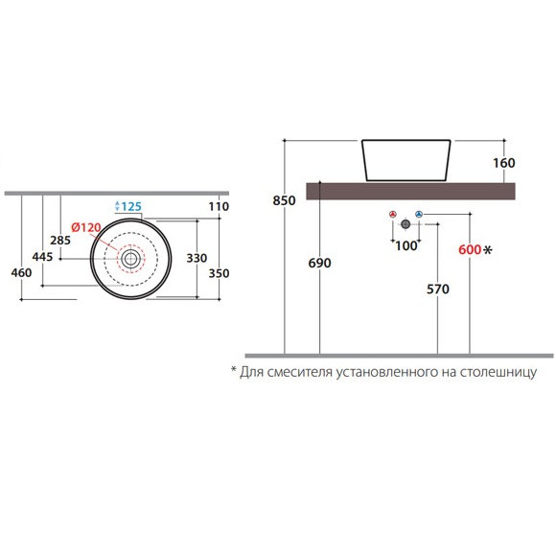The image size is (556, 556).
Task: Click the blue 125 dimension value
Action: pos(131,206)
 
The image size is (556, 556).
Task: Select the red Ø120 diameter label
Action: pos(86,227)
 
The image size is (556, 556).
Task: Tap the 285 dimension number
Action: pos(60,240)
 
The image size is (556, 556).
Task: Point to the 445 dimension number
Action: pos(42,256)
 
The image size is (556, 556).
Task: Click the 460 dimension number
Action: pos(21,272)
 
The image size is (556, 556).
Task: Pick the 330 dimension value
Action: pos(197,258)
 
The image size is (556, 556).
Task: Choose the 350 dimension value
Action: pos(219,273)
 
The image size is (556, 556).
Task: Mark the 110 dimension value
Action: pos(219,206)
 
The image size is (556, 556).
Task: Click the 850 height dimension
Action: pos(284,200)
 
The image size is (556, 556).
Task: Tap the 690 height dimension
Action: pos(319,263)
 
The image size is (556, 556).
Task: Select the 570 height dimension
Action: pos(438,289)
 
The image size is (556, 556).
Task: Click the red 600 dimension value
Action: pos(470,249)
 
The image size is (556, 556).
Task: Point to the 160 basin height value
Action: pos(504,163)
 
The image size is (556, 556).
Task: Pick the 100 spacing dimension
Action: pos(406,245)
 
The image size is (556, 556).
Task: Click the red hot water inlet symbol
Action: pos(392,214)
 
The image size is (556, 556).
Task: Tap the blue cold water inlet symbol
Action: pos(419,214)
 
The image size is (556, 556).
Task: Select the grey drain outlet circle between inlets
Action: pos(405,224)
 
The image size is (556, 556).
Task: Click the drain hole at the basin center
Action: pos(130,259)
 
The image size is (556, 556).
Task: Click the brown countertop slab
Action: pos(410,191)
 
